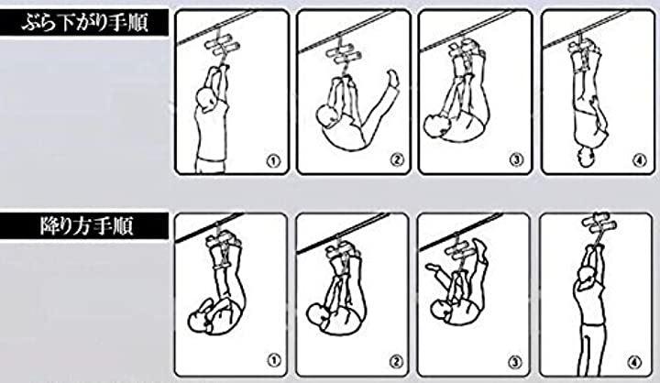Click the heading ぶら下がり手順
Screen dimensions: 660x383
84,22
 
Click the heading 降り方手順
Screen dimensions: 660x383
87,226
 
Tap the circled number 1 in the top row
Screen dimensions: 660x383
273,160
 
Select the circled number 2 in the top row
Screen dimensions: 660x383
397,160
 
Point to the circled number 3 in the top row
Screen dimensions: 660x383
516,160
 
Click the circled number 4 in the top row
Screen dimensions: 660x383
640,160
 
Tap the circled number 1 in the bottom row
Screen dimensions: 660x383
273,360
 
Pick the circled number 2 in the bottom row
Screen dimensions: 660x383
396,362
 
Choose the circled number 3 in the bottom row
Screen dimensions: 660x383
515,362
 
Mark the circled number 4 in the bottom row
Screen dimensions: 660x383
634,362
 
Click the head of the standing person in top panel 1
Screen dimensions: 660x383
207,99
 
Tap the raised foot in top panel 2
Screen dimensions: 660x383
392,79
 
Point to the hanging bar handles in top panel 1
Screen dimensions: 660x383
222,46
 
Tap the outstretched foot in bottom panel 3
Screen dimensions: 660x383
433,268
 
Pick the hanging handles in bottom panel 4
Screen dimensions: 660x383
597,223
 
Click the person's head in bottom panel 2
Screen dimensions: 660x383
320,315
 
